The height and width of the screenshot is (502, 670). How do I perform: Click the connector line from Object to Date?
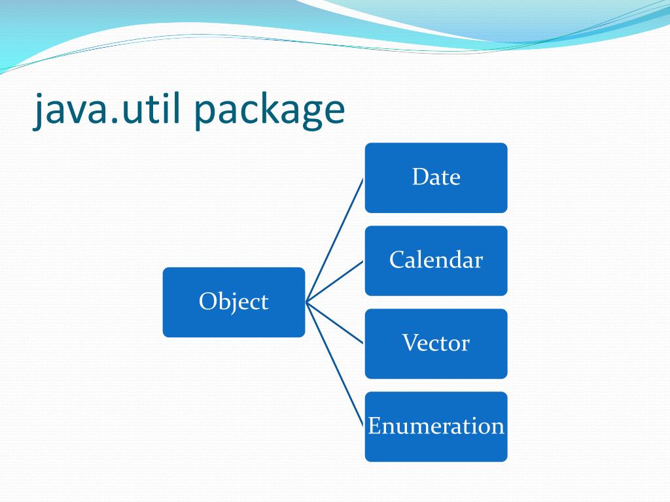tap(335, 240)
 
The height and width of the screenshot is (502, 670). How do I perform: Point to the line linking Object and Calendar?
tap(335, 281)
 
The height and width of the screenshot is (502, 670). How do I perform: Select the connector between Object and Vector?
tap(335, 323)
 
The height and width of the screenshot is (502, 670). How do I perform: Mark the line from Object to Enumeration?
tap(335, 364)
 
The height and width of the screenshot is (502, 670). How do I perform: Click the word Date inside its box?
tap(436, 177)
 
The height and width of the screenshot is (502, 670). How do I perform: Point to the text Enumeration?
tap(436, 426)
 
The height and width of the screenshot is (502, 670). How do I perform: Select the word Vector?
tap(436, 343)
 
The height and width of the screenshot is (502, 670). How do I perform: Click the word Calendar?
tap(436, 260)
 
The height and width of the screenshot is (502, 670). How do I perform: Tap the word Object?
tap(234, 302)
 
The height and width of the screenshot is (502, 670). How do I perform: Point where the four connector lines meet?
tap(306, 302)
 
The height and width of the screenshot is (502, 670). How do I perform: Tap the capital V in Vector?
tap(409, 343)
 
